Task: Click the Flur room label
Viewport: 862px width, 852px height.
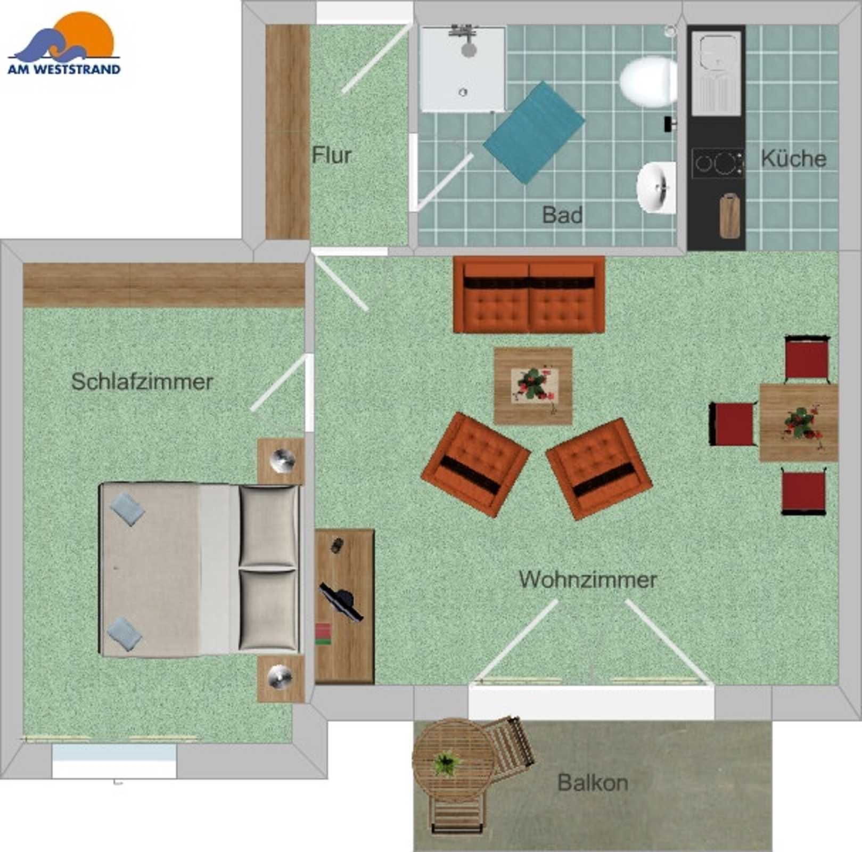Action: [331, 155]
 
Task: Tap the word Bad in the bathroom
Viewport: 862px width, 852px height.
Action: [562, 215]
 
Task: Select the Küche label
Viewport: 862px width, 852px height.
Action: [793, 158]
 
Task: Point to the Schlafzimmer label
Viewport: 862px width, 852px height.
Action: [142, 382]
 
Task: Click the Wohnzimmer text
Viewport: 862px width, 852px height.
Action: [588, 579]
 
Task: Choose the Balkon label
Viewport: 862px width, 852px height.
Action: [593, 783]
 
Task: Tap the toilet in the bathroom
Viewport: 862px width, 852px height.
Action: [648, 81]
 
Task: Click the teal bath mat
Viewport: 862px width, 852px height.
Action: [534, 133]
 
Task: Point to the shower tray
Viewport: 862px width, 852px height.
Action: [462, 69]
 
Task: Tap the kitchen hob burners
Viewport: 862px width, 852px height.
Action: [718, 163]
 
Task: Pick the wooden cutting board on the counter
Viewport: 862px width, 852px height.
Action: [729, 215]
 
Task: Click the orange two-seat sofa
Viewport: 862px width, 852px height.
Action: [529, 294]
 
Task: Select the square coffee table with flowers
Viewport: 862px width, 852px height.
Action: [533, 386]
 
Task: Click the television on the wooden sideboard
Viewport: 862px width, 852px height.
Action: [341, 601]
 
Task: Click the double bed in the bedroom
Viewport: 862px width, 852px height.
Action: [200, 569]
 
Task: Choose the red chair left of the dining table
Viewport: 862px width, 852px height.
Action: [732, 424]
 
